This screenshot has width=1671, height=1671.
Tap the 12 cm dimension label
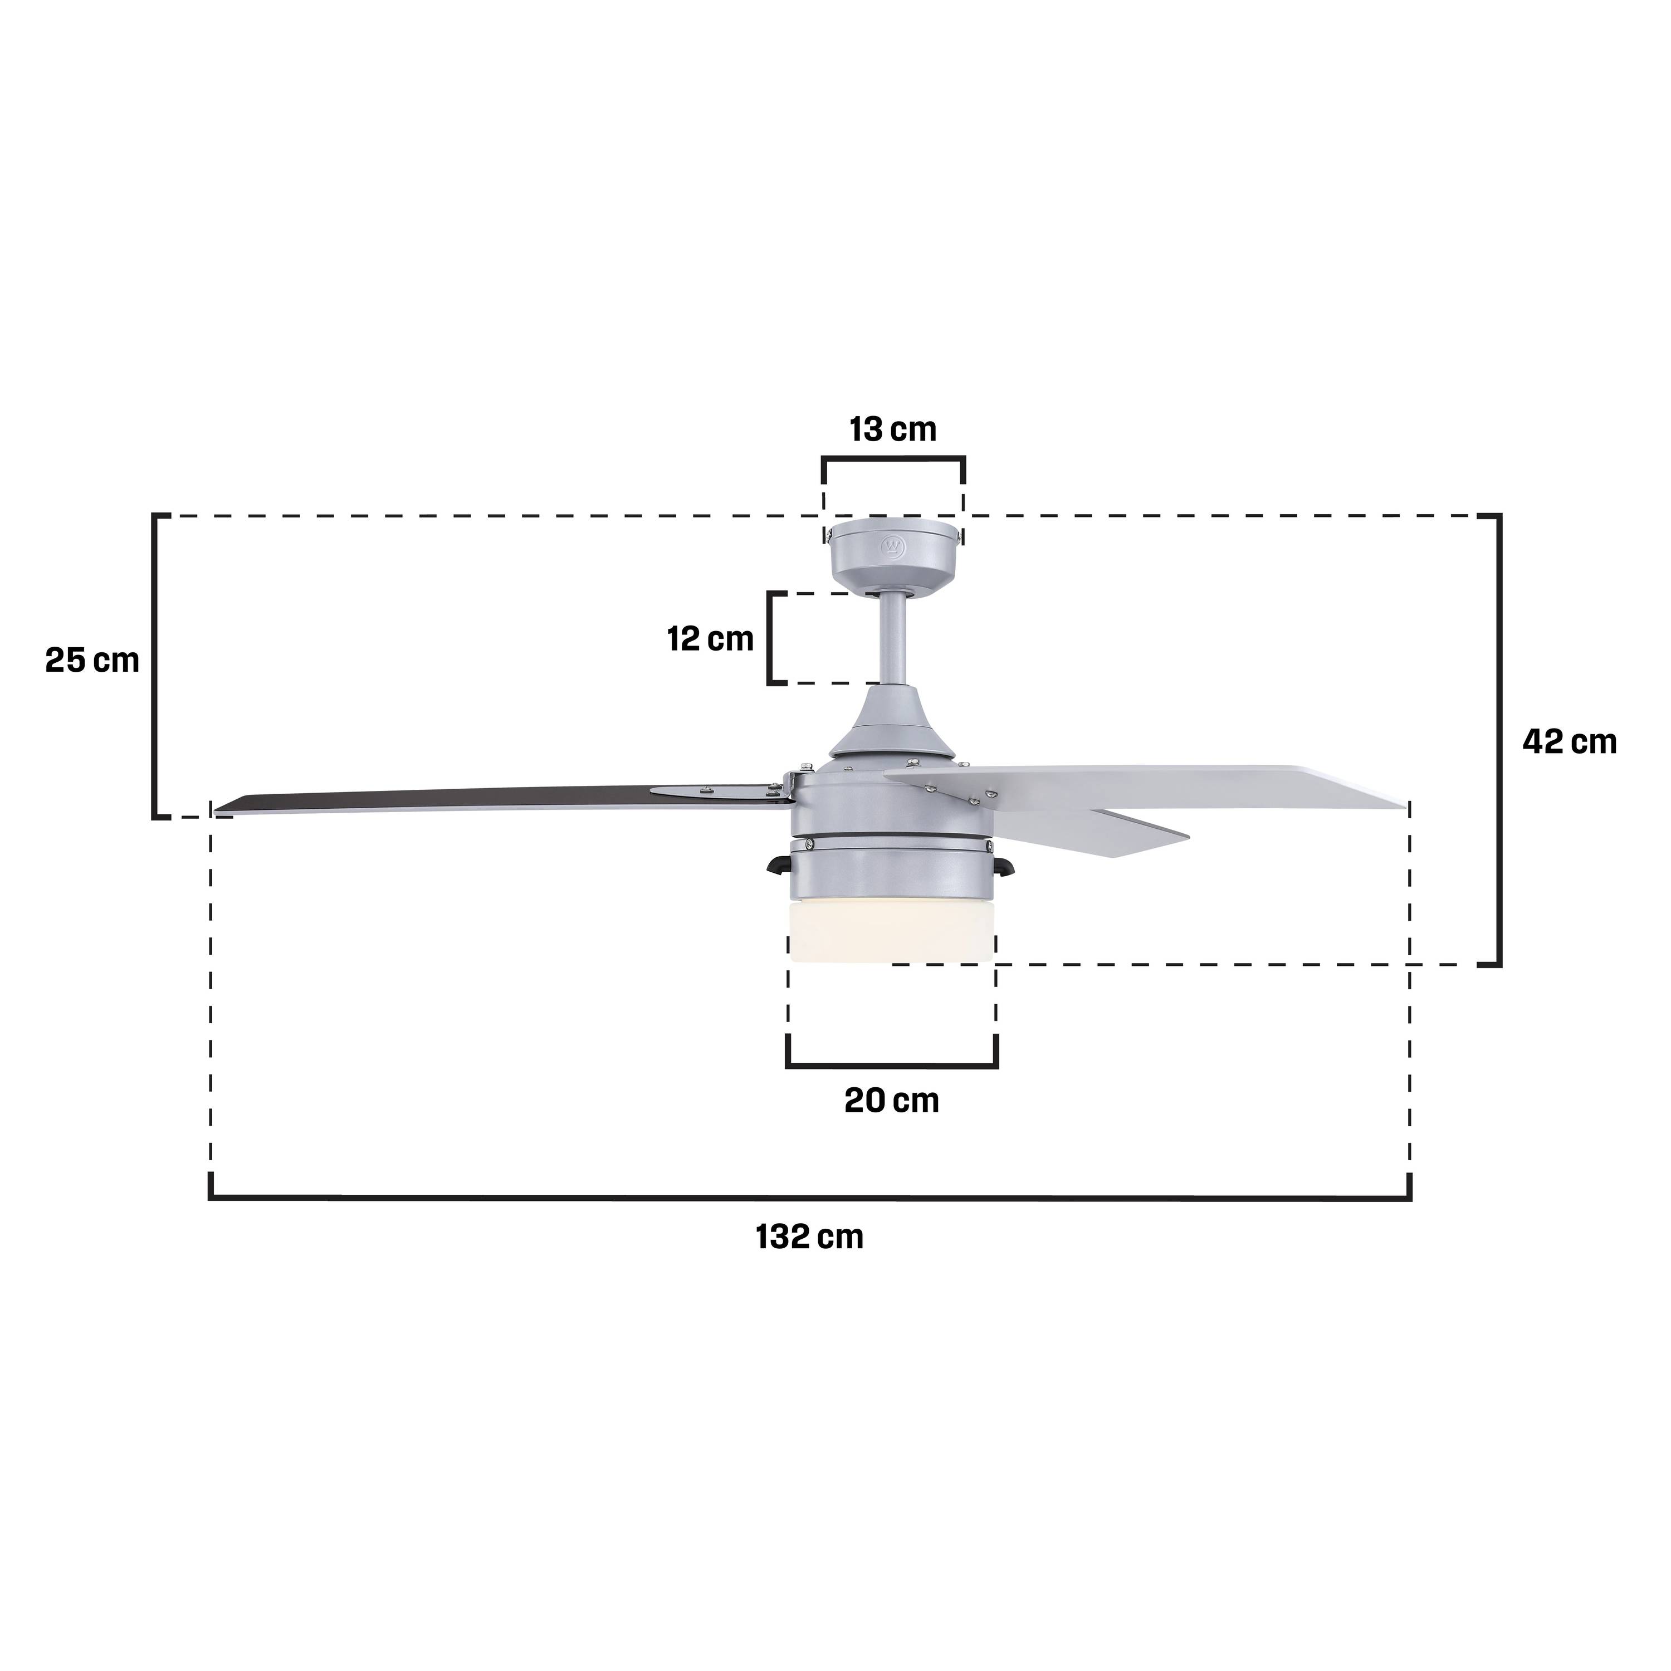click(x=710, y=639)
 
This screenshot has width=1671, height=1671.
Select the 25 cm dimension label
click(x=92, y=661)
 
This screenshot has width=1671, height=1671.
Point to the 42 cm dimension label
click(x=1569, y=741)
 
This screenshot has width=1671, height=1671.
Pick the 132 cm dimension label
click(x=809, y=1237)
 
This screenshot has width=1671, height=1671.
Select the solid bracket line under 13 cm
click(x=893, y=458)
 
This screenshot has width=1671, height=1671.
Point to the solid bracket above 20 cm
click(x=892, y=1064)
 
